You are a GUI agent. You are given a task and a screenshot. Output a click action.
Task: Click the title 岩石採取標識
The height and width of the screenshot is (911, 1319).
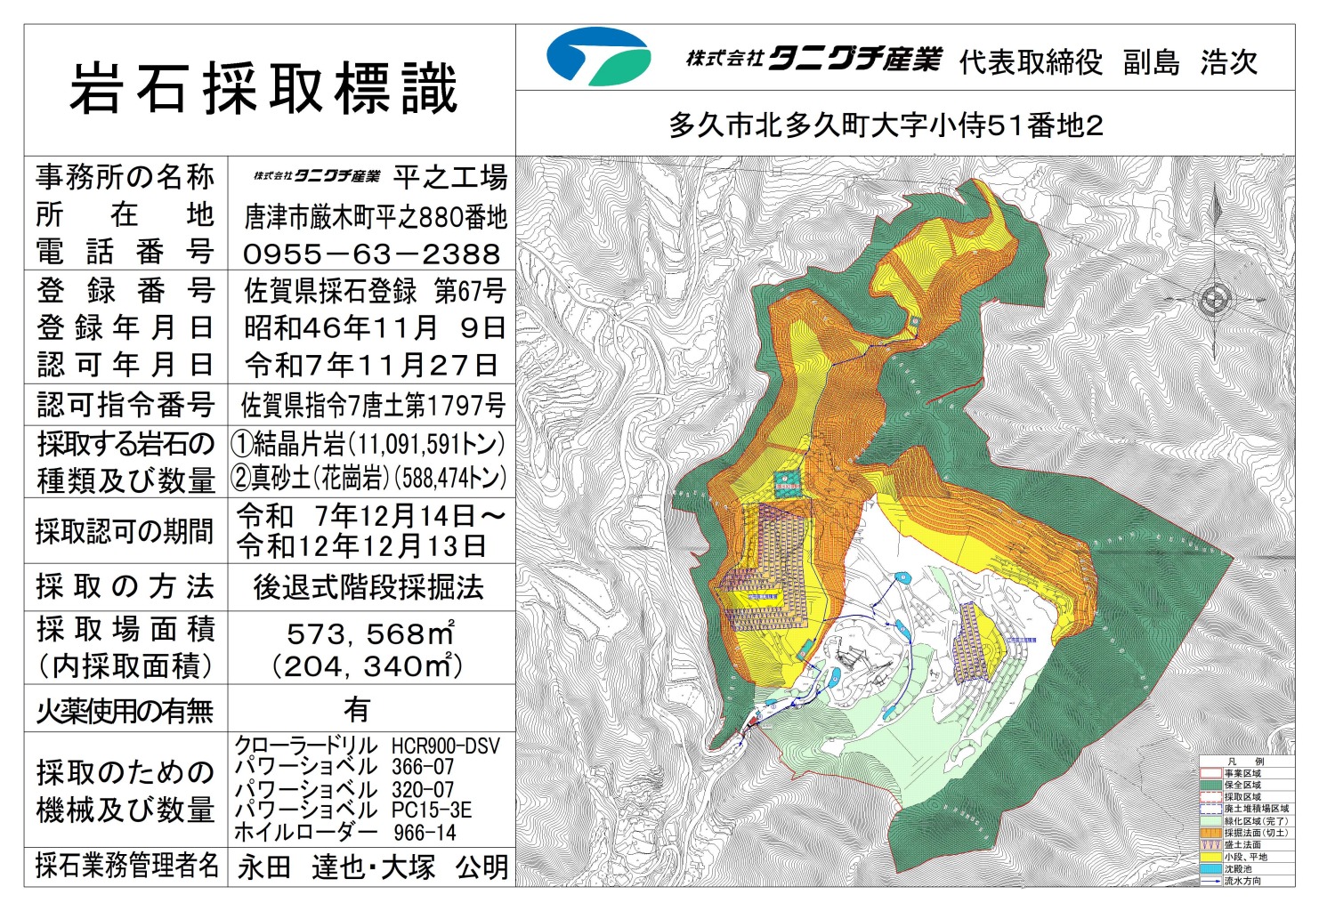point(264,89)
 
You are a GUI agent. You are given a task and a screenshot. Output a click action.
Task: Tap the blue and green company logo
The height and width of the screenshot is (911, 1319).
point(598,57)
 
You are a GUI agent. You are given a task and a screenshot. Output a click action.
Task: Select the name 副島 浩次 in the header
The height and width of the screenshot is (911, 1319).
point(1190,62)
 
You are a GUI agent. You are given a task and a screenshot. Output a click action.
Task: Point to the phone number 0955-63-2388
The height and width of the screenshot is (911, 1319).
point(372,254)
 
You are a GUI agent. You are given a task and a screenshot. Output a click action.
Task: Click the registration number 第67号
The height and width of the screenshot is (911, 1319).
point(470,291)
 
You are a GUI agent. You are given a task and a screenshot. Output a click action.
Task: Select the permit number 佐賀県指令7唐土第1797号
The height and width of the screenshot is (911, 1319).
point(373,406)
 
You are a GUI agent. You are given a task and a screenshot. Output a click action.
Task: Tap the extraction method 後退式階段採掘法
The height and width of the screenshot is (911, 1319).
point(368,587)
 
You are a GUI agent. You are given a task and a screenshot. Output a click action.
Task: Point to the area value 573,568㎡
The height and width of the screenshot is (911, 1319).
point(370,633)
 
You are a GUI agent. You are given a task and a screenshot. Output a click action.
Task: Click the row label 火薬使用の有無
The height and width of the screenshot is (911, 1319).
point(125,710)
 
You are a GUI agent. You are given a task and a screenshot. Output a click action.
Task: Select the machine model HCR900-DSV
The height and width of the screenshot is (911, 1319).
point(446,746)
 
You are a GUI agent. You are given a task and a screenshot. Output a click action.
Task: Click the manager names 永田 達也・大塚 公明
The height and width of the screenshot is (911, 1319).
point(373,867)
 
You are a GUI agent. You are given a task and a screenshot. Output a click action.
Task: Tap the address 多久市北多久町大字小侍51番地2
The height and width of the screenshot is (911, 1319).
point(886,125)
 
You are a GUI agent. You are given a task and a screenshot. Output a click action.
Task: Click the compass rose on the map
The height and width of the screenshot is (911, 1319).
point(1215,301)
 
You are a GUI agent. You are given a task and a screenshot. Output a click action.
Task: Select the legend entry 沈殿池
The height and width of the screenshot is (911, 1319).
point(1242,869)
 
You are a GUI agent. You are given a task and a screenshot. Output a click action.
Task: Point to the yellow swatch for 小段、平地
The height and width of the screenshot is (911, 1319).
point(1210,857)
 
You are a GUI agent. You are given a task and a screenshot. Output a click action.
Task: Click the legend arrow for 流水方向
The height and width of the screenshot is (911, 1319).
point(1210,881)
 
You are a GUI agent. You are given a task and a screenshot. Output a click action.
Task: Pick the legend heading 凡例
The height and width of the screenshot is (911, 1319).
point(1246,762)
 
